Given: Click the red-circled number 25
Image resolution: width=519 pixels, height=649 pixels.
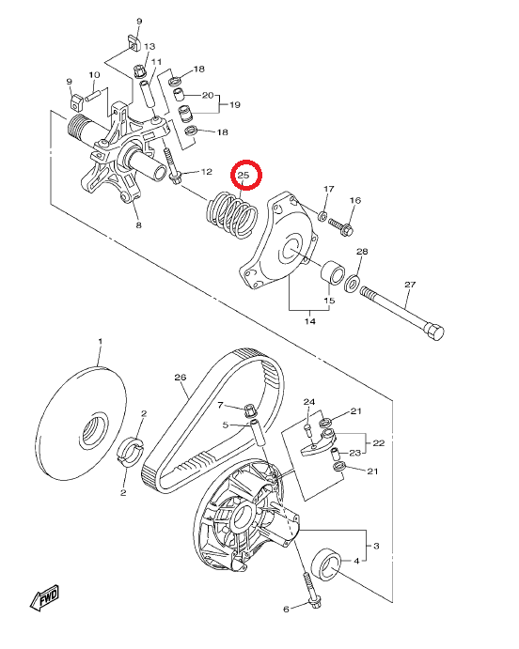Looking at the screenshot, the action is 244,175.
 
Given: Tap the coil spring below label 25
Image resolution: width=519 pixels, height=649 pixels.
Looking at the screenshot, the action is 231,215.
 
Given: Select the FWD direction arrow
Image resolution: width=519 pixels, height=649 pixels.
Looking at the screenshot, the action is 45,597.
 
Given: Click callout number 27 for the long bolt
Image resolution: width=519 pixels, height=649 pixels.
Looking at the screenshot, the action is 410,285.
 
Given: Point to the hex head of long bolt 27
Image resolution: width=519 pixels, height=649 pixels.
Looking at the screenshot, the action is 434,332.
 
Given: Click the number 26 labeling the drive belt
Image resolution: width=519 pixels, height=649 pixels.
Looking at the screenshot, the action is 181,377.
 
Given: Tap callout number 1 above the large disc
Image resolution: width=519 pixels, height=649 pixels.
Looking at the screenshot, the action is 100,342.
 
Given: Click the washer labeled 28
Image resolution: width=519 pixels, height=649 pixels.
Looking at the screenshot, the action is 352,283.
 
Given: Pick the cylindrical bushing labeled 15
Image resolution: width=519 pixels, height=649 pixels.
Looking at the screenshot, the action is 333,272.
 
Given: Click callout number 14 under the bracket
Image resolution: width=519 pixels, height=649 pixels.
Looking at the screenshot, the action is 310,321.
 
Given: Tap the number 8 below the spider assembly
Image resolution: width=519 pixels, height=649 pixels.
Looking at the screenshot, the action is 139,225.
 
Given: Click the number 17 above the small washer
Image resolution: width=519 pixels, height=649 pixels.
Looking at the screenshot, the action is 328,189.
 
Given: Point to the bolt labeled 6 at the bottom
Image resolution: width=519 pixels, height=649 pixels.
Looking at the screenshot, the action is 310,589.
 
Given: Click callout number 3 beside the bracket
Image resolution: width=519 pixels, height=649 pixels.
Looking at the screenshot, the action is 376,546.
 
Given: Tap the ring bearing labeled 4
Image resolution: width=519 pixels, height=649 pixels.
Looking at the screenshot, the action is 326,565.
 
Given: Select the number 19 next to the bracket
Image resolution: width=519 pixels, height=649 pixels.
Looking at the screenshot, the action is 235,104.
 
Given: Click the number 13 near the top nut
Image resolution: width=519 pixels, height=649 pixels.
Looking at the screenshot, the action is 149,46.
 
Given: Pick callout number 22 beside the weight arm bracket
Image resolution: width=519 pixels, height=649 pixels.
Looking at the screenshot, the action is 379,443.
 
